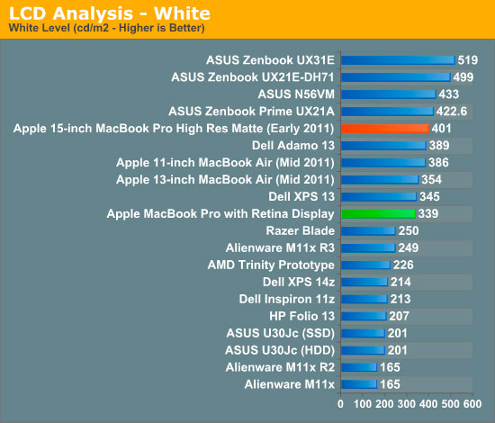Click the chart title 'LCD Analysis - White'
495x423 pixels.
110,13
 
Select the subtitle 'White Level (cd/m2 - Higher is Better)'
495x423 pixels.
107,28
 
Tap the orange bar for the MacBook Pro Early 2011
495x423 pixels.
385,129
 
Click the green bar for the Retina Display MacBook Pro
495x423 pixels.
378,213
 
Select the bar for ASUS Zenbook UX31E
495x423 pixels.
398,60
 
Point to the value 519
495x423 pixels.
468,60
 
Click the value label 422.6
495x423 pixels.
452,112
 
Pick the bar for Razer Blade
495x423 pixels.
368,230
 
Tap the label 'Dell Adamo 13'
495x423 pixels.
293,146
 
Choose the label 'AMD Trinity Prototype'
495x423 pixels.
271,265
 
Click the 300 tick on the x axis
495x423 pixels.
407,404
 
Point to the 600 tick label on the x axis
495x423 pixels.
472,404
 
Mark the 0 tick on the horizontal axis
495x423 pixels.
340,404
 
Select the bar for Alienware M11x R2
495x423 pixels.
359,367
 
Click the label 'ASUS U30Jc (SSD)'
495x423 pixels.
280,333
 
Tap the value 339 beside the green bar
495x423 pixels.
428,213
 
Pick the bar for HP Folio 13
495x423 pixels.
364,316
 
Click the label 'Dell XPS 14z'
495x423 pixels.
298,282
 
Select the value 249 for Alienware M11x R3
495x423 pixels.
409,247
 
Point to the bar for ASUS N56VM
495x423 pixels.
389,94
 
